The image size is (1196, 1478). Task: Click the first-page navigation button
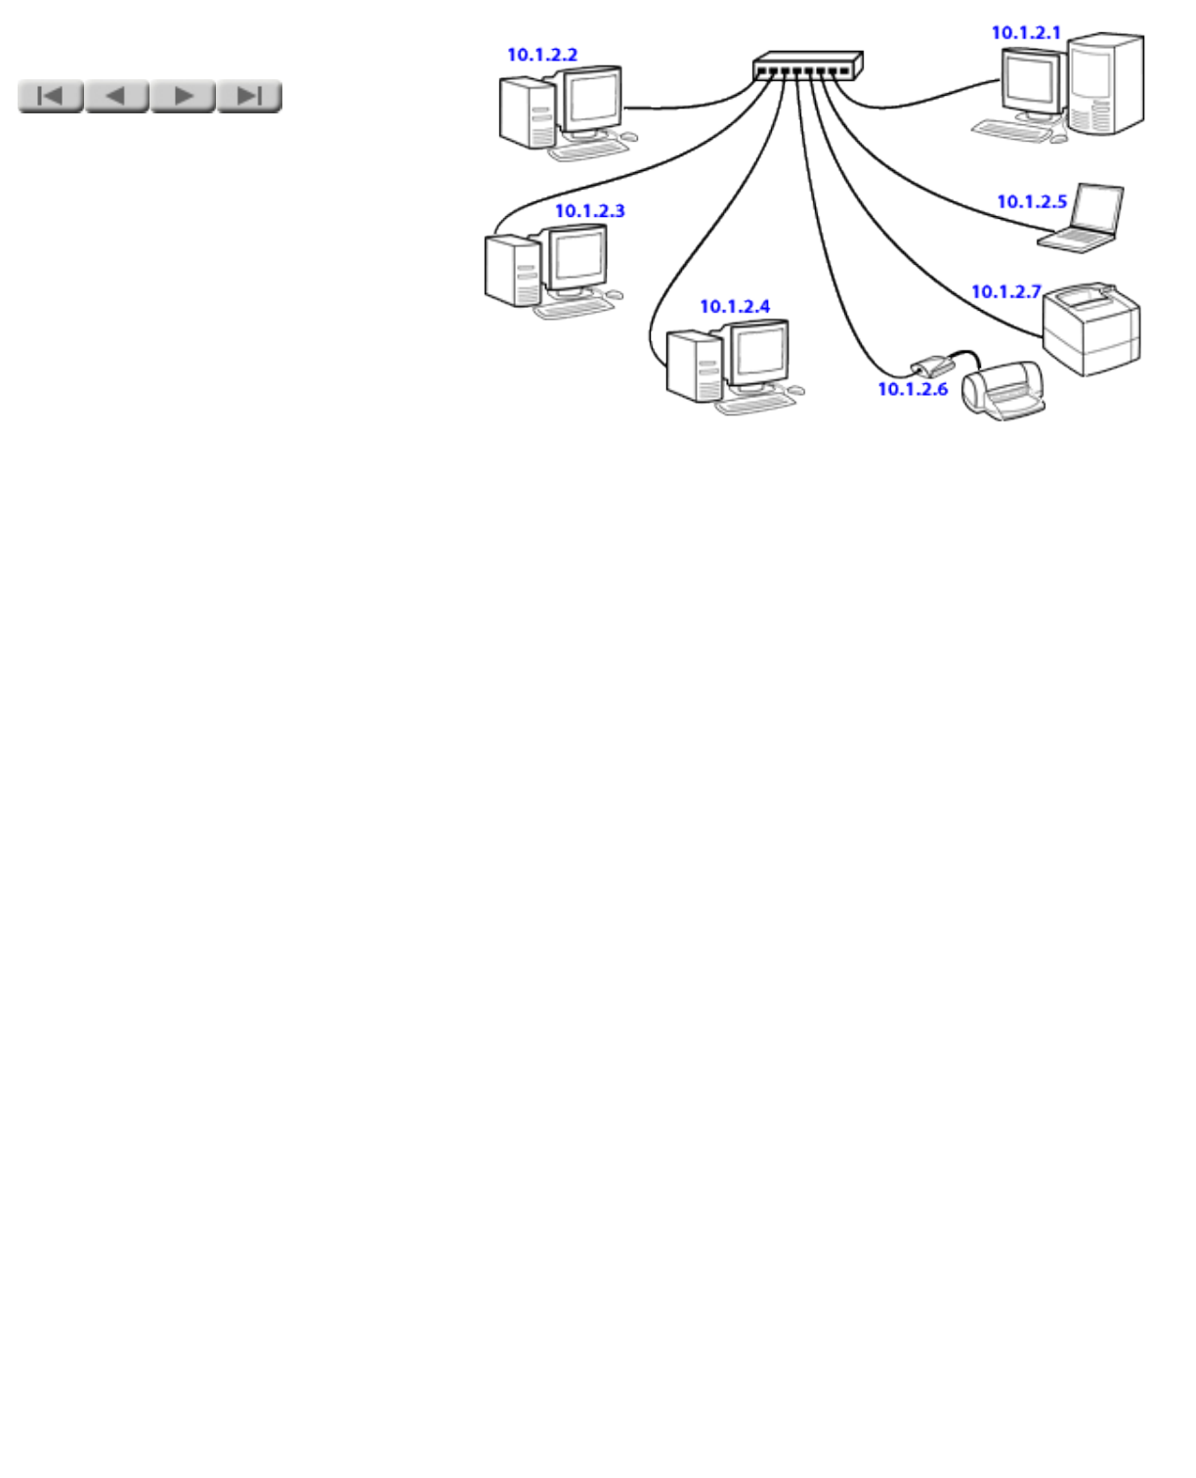[x=50, y=96]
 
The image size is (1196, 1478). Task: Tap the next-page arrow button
[x=183, y=96]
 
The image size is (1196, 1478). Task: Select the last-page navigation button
[x=249, y=96]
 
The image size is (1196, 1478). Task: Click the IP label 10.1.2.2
[x=542, y=55]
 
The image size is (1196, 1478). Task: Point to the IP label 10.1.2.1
[x=1026, y=32]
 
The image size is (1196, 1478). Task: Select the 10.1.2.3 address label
[x=590, y=211]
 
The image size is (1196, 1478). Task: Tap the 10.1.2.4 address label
[x=735, y=307]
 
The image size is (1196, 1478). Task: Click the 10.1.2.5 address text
[x=1032, y=202]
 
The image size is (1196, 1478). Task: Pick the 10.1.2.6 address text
[x=913, y=389]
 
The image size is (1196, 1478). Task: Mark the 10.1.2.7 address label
[x=1006, y=292]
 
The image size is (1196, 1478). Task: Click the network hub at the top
[x=807, y=65]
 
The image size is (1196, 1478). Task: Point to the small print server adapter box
[x=933, y=367]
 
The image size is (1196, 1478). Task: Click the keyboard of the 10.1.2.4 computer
[x=755, y=403]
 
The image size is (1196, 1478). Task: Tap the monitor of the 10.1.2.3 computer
[x=577, y=257]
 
